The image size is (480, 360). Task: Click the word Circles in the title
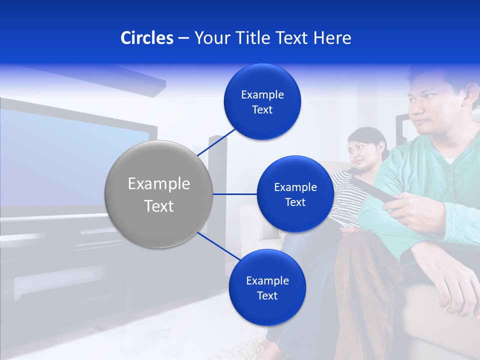coord(146,38)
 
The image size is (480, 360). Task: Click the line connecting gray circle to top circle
coord(217,141)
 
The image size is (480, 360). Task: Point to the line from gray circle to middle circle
coord(235,194)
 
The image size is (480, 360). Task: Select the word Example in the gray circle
coord(159,183)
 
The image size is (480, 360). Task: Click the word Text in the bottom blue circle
coord(267,295)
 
